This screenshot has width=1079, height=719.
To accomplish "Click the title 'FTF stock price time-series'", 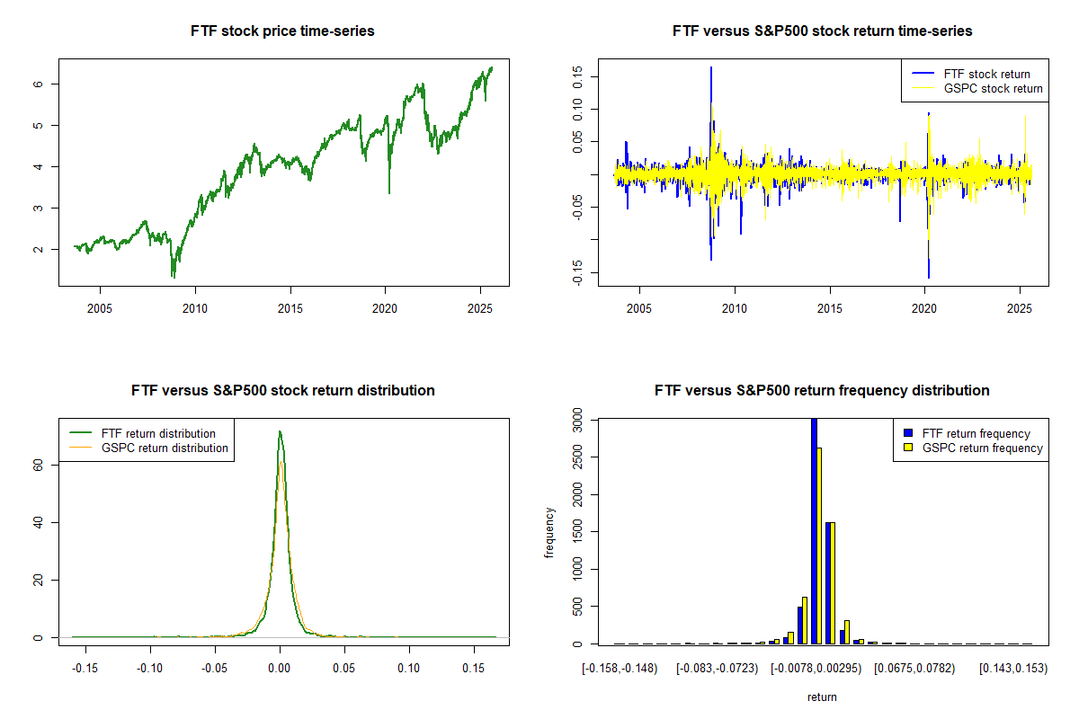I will [x=282, y=31].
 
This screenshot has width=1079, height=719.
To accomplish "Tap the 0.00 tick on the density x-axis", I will [x=280, y=670].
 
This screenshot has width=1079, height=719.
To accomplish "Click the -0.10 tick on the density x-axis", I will [x=150, y=670].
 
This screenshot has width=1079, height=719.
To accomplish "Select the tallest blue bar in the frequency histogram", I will [x=814, y=530].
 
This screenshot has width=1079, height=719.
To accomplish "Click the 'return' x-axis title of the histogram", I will [x=822, y=697].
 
